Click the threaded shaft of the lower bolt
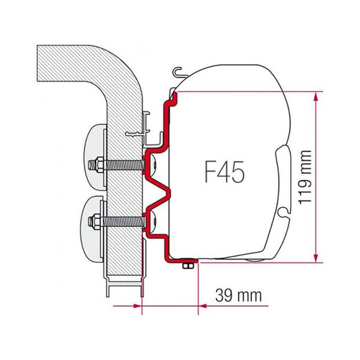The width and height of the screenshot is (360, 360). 125,220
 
